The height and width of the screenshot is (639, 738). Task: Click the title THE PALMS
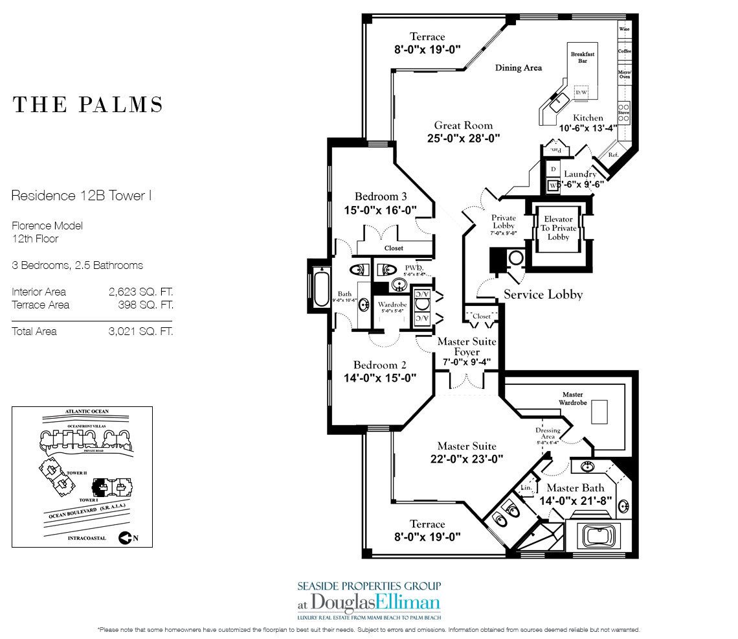click(x=87, y=105)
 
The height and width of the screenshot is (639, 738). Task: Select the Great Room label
click(x=463, y=126)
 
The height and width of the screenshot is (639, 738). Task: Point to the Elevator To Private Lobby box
click(x=558, y=228)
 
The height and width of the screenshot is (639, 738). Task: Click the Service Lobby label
click(x=543, y=295)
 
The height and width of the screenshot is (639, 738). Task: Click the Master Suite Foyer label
click(x=466, y=347)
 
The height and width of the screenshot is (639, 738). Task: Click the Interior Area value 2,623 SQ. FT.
click(x=140, y=292)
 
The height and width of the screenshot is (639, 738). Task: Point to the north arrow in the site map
click(x=128, y=537)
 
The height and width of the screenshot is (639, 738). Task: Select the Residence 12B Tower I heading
click(x=82, y=194)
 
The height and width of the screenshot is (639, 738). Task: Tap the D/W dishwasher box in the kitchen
click(x=581, y=93)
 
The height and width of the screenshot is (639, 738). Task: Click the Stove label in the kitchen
click(x=624, y=111)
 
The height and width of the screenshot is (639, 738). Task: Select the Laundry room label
click(x=579, y=174)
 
